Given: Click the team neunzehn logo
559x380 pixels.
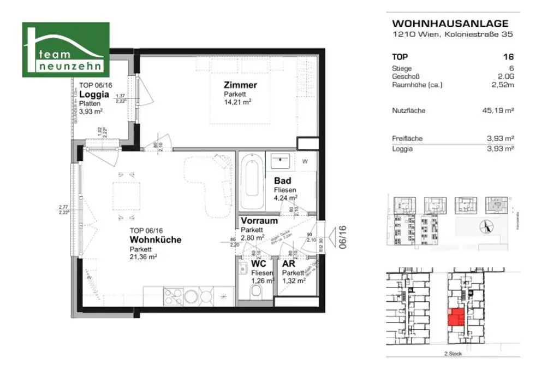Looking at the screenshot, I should coord(66,50).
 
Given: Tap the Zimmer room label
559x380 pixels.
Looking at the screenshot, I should coord(240,85).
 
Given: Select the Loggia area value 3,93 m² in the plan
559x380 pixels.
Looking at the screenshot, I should coord(91,110).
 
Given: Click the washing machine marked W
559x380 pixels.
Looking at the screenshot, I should coord(305,161).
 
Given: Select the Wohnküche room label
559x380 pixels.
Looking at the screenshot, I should coord(155,239).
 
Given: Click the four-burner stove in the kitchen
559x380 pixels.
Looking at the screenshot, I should coord(174,296).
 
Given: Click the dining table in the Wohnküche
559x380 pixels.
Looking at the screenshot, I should coord(126,195).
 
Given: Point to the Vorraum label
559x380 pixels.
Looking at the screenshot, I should coord(259,221).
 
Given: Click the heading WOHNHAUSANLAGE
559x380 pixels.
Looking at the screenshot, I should coord(450,24).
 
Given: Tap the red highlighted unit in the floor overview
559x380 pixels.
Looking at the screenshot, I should coord(455,317).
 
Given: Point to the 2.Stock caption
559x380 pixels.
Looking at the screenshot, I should coord(453,354).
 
